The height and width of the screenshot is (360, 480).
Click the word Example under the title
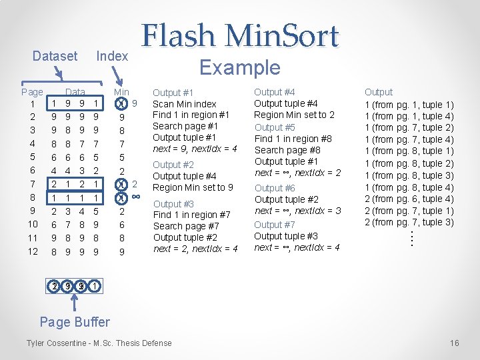(240, 67)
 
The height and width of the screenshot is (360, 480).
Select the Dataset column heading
(55, 56)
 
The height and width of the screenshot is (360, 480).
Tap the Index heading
(112, 56)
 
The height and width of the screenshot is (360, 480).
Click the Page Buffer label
(75, 322)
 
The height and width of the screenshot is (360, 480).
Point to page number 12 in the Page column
(33, 252)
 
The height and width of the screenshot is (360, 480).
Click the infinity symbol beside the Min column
(135, 197)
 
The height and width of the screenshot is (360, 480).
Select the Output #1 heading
(173, 93)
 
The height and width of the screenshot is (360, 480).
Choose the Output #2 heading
(173, 165)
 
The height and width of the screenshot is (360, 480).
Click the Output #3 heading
(173, 203)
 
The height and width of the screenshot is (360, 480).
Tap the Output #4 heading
(275, 92)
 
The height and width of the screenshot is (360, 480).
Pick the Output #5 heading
(275, 127)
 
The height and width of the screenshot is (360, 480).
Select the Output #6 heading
(275, 188)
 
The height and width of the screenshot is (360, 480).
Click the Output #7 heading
(275, 225)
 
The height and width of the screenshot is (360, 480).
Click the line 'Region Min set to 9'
(193, 187)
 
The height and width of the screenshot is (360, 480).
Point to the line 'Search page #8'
(287, 150)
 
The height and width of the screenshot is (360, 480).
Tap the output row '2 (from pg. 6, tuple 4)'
(409, 199)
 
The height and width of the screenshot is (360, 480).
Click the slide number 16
(455, 343)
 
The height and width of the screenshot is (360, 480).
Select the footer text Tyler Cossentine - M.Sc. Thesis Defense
(99, 343)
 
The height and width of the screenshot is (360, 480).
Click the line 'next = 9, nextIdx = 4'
(195, 149)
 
